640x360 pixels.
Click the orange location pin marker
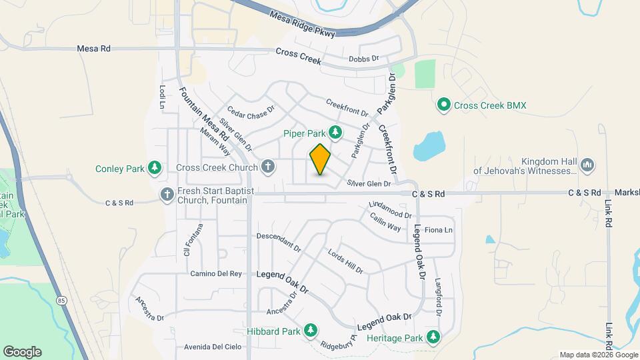[320, 159]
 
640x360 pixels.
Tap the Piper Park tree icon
[336, 133]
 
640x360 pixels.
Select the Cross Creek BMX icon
[443, 105]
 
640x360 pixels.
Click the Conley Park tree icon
[155, 167]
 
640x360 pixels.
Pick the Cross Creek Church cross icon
[267, 167]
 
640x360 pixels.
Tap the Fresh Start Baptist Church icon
[167, 194]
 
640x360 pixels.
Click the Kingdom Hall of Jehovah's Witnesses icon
[587, 165]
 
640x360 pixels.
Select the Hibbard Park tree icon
[310, 330]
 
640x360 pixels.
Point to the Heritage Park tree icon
[434, 337]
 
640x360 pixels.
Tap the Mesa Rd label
[93, 49]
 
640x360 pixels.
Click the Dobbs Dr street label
[363, 59]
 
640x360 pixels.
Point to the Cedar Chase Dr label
[251, 112]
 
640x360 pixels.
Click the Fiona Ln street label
[439, 230]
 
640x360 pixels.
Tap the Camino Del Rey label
[215, 273]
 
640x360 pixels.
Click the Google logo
[22, 351]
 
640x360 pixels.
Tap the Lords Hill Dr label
[345, 261]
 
